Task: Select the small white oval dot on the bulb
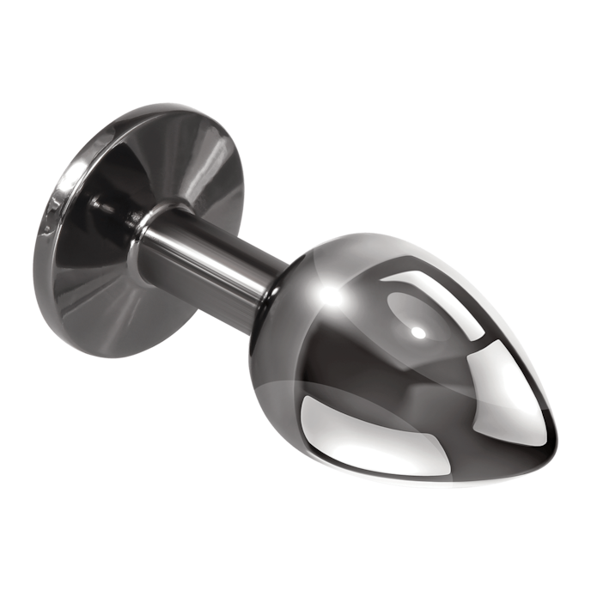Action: (x=418, y=331)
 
